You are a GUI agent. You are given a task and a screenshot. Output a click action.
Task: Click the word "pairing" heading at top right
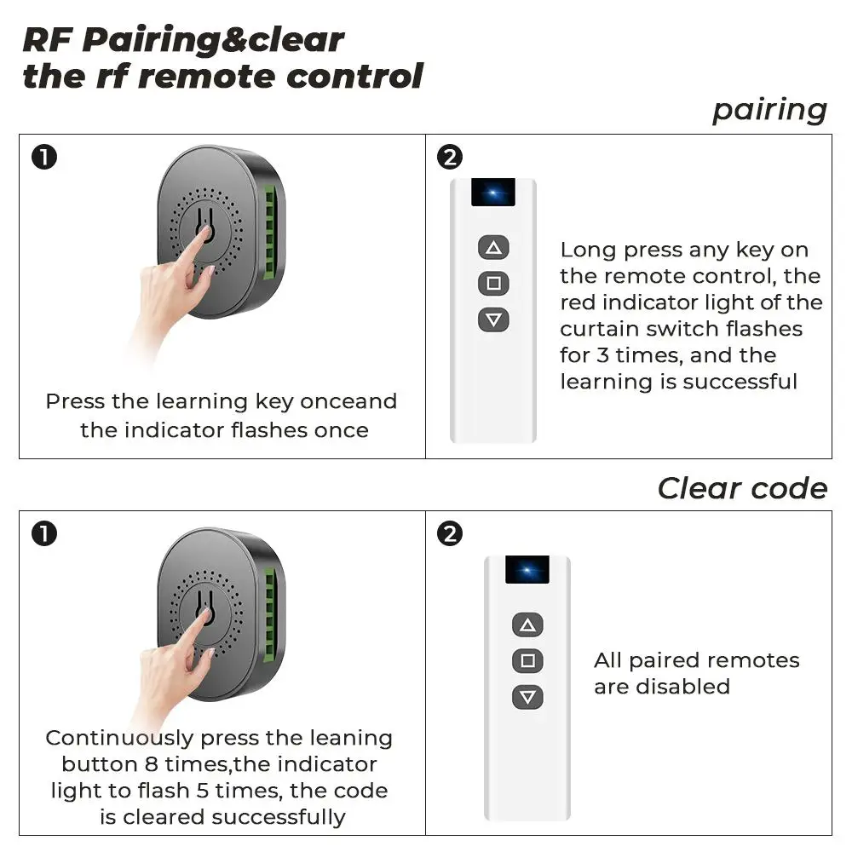click(769, 110)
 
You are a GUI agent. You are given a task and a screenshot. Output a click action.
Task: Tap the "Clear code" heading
click(742, 488)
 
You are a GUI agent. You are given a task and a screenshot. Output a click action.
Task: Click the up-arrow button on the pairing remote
click(493, 248)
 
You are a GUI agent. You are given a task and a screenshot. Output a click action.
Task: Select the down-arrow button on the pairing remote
click(493, 319)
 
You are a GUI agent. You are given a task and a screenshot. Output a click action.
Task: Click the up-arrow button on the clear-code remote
click(527, 625)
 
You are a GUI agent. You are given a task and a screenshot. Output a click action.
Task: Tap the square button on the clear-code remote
click(527, 660)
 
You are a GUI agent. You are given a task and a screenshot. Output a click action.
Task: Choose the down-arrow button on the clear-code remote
click(527, 697)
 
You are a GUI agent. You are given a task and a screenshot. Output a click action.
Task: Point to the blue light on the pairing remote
click(492, 193)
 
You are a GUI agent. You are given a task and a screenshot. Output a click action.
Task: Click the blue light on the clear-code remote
click(527, 570)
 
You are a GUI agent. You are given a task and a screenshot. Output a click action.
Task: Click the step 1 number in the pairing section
click(43, 157)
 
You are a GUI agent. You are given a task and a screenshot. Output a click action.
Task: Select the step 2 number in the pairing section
click(449, 157)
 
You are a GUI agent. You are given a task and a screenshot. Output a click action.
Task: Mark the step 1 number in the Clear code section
click(43, 534)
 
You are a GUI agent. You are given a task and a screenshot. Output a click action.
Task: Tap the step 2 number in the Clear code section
click(449, 534)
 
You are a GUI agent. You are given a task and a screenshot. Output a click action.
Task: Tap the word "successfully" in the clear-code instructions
click(279, 817)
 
